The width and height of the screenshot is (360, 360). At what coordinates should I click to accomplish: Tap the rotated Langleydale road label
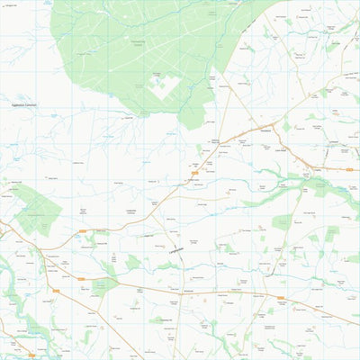point(175,244)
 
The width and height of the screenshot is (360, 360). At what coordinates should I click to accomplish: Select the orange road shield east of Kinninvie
point(281,296)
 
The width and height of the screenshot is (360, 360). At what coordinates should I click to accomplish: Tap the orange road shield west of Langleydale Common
point(83,231)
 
